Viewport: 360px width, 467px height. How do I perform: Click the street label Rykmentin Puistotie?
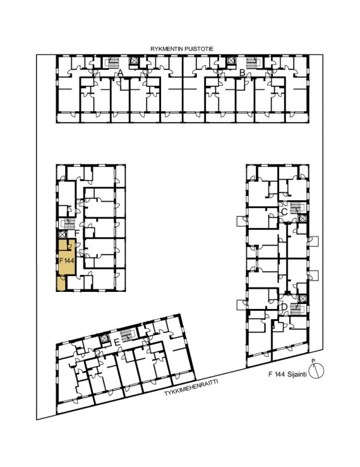point(182,49)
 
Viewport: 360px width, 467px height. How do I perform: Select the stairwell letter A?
point(120,72)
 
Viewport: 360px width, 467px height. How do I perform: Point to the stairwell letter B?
point(243,72)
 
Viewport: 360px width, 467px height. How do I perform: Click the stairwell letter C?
point(285,212)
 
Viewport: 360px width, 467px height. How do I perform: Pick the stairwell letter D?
point(284,306)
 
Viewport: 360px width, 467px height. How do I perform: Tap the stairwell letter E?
point(117,343)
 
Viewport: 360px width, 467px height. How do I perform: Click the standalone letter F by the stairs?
point(77,233)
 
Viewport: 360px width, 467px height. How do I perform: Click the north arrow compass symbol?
point(316,371)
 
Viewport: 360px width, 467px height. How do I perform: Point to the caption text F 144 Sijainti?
point(288,375)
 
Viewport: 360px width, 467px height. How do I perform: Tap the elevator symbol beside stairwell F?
point(62,234)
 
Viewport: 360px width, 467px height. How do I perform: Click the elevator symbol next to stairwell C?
point(302,218)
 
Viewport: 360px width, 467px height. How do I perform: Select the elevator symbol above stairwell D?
point(302,299)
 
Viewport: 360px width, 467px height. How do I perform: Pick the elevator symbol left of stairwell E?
point(105,339)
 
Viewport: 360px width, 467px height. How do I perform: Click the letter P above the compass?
point(313,361)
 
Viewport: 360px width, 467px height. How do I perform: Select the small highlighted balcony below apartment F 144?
point(61,283)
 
